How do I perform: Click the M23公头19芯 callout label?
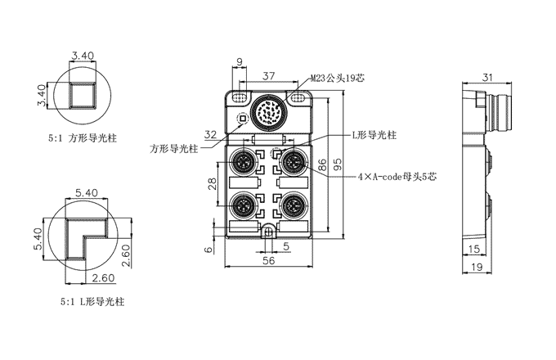pos(339,80)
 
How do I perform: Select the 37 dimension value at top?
pos(268,76)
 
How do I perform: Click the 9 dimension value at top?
pos(240,61)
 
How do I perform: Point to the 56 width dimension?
pos(268,262)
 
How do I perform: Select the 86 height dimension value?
pos(322,164)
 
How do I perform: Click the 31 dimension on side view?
pos(488,78)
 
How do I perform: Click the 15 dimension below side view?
pos(474,249)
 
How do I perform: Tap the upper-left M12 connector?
pos(244,160)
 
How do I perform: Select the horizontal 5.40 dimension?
pos(86,192)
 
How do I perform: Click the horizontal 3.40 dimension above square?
pos(83,56)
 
